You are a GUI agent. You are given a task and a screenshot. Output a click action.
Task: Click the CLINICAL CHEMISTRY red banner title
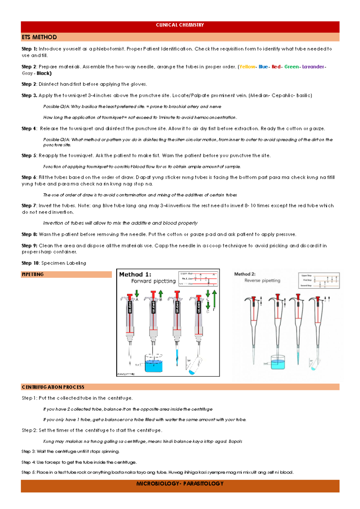[x=180, y=25]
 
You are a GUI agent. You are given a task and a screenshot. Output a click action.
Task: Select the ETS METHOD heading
[x=39, y=37]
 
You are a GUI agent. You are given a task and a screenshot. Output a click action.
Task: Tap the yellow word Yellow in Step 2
[x=247, y=67]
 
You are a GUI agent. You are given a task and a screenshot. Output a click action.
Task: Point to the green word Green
[x=291, y=67]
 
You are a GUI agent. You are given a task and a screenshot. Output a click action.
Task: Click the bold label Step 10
[x=30, y=263]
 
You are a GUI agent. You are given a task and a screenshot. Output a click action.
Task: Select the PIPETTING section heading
[x=33, y=274]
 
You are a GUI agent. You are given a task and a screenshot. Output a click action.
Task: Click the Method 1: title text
[x=135, y=274]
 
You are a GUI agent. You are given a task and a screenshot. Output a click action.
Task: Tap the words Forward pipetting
[x=153, y=281]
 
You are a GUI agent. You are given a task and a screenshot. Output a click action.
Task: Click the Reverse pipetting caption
[x=262, y=281]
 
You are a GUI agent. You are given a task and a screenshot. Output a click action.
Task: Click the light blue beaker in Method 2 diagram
[x=277, y=363]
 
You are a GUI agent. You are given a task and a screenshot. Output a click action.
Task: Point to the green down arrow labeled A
[x=137, y=293]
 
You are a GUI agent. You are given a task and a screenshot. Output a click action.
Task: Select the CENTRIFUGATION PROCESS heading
[x=53, y=387]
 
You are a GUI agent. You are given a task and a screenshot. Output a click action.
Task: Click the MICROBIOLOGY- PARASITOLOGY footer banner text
[x=180, y=483]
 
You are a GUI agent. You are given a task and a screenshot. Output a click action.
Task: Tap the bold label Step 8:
[x=29, y=234]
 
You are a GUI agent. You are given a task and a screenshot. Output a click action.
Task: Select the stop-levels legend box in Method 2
[x=319, y=280]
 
